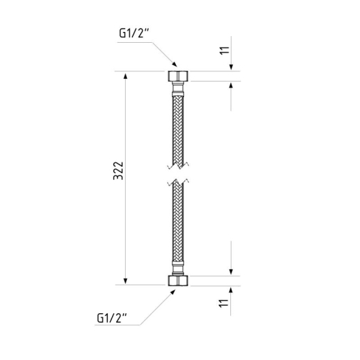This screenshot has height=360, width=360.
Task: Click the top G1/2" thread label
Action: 134,33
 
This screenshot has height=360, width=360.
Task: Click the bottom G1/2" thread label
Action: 112,318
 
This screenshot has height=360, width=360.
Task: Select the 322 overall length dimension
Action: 118,170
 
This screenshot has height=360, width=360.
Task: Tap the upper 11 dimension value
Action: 224,50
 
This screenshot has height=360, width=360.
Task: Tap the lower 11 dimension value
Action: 224,304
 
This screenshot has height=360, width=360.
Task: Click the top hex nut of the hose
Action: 178,76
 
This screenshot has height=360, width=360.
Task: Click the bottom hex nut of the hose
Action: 178,281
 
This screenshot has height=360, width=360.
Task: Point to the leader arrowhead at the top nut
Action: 175,64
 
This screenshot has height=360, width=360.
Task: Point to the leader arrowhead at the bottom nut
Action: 173,292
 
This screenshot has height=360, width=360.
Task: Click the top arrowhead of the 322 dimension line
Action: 126,76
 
